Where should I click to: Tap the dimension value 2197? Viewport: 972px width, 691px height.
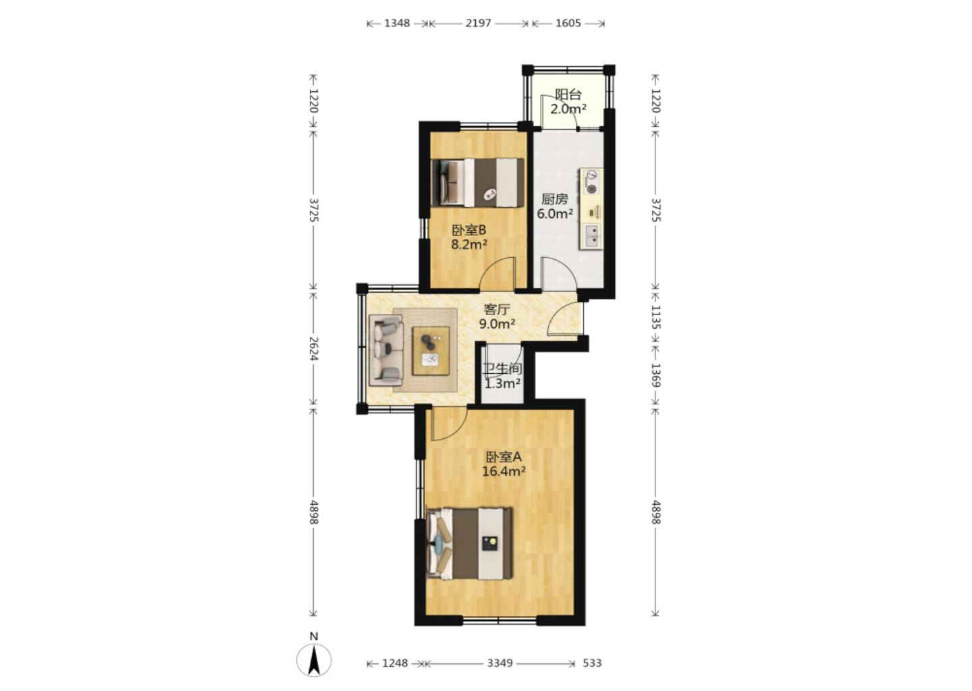click(478, 23)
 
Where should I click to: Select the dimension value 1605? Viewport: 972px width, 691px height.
click(568, 23)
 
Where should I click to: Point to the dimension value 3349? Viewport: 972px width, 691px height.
click(500, 663)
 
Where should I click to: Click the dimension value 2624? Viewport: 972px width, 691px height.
click(313, 348)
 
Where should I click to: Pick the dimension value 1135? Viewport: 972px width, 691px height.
click(655, 318)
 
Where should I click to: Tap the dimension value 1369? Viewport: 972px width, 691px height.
click(655, 376)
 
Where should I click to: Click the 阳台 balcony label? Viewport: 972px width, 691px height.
click(568, 94)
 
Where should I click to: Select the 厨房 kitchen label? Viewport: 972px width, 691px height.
click(555, 200)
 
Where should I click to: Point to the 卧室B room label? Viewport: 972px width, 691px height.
click(468, 230)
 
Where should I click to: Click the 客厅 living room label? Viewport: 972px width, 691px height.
click(497, 310)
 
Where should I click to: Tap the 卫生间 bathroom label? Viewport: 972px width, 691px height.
click(502, 369)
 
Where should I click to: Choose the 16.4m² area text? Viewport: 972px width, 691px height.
click(504, 471)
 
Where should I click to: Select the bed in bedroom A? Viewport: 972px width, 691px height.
click(470, 543)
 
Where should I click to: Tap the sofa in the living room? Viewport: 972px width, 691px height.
click(386, 351)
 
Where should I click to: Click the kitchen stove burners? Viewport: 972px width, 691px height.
click(591, 182)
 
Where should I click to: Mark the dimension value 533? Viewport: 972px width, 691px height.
click(592, 663)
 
